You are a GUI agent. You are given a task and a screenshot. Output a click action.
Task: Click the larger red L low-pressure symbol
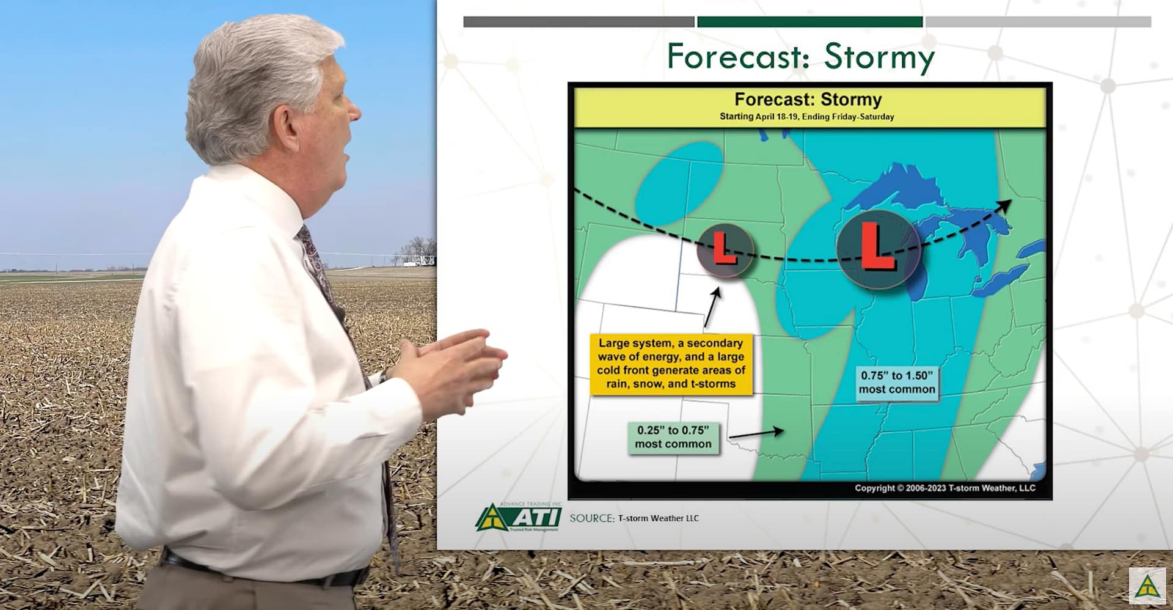click(877, 249)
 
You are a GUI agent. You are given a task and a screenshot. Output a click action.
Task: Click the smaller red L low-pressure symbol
click(725, 251)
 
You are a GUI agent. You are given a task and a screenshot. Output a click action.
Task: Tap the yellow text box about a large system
click(671, 364)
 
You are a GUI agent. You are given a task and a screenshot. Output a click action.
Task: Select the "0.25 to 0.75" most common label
click(673, 437)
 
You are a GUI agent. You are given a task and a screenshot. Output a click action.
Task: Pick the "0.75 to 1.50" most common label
click(896, 383)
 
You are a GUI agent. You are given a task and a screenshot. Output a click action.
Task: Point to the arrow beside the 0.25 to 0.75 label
click(756, 433)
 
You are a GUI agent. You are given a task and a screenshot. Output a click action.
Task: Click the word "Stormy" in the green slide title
click(879, 57)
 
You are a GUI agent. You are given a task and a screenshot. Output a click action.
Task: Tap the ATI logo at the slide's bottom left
click(518, 517)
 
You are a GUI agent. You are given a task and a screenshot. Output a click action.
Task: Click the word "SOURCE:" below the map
click(592, 518)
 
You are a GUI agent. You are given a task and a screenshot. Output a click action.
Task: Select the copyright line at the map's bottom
click(945, 488)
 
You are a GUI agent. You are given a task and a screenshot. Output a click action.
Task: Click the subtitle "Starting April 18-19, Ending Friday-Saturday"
click(806, 116)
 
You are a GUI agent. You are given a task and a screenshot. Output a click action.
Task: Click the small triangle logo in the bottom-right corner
click(1147, 586)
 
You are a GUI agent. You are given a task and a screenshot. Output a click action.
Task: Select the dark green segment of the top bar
click(809, 22)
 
